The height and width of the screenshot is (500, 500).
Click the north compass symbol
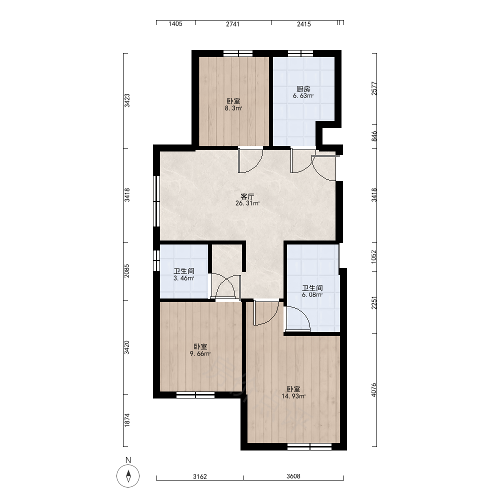pos(128,476)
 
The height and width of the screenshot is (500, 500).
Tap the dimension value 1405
pos(175,24)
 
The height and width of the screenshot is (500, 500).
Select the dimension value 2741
pos(233,24)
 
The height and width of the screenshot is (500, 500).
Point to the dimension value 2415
pos(304,24)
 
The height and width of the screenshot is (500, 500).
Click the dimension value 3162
pos(200,476)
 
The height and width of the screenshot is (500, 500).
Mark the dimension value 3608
pos(293,476)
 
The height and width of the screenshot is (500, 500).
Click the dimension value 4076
pos(373,389)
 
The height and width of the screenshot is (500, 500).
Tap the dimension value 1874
pos(127,420)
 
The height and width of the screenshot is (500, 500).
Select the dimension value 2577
pos(374,88)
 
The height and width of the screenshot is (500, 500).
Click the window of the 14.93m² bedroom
pos(309,446)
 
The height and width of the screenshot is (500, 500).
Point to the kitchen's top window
pos(300,53)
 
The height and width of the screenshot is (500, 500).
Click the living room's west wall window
pos(156,201)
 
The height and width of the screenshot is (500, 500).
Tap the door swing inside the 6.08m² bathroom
pos(298,318)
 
